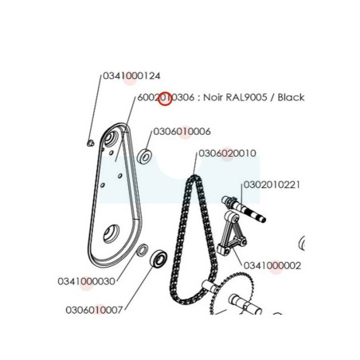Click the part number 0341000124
coord(131,76)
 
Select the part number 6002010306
coord(166,97)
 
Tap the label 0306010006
coord(182,131)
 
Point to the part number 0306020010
coord(228,154)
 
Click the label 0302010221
coord(272,185)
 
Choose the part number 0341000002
coord(272,265)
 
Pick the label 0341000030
coord(87,281)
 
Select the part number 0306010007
coord(94,310)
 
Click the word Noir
coord(213,97)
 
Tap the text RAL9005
coord(246,97)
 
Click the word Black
coord(291,97)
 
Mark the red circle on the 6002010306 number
coord(165,98)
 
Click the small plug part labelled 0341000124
coord(90,143)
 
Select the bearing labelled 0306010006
coord(144,157)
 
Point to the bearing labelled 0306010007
coord(158,258)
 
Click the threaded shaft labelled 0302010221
coord(244,209)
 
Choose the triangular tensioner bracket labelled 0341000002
coord(232,233)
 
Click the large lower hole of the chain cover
coord(112,233)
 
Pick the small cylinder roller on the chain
coord(210,286)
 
